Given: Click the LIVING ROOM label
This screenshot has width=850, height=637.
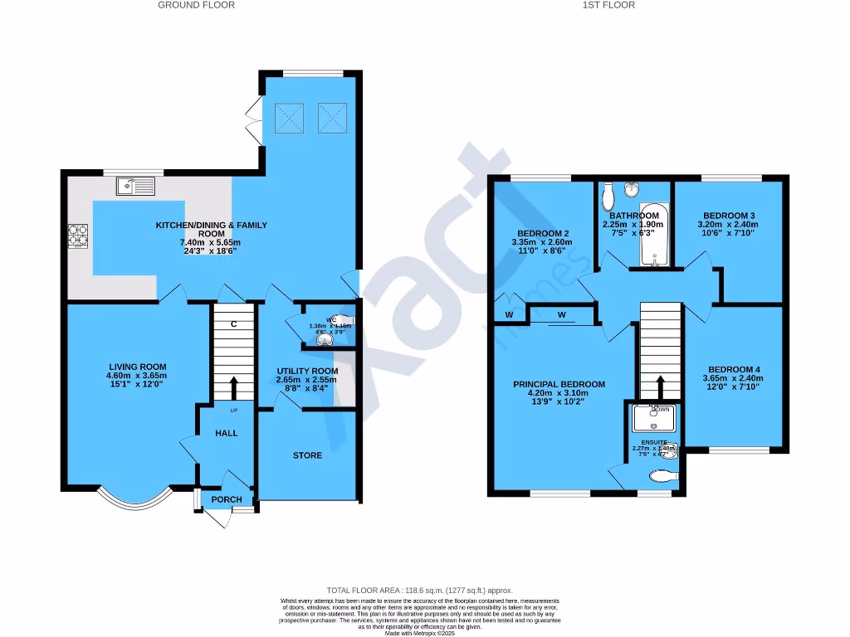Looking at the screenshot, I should click(137, 367).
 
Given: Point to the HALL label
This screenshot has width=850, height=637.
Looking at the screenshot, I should click(227, 433).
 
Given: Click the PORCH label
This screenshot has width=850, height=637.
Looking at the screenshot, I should click(227, 499).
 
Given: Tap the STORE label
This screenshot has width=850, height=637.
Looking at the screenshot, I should click(307, 455).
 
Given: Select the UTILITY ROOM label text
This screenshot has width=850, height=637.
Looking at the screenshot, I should click(307, 371).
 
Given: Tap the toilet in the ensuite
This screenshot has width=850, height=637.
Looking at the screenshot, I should click(664, 478).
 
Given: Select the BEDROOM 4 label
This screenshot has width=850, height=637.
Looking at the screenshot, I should click(734, 369).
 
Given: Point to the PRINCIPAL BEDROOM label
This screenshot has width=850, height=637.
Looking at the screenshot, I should click(559, 384).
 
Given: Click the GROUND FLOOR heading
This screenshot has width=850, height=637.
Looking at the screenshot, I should click(196, 5).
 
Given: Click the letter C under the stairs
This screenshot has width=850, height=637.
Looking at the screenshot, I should click(234, 324).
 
